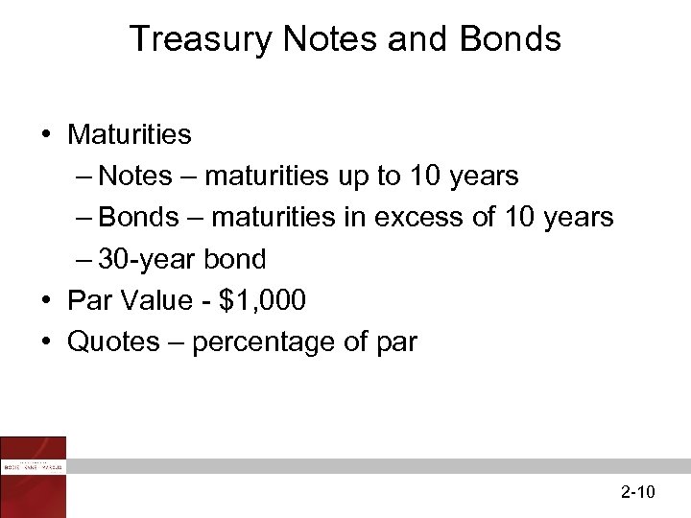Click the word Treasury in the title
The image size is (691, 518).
(x=199, y=39)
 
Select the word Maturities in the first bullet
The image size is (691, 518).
(x=130, y=134)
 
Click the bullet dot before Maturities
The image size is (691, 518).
(x=46, y=134)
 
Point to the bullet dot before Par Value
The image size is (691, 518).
(x=46, y=301)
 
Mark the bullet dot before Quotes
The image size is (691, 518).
(x=46, y=342)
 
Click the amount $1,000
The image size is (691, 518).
(x=262, y=301)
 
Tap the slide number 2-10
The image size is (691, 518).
(x=637, y=493)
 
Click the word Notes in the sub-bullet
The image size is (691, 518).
(x=135, y=177)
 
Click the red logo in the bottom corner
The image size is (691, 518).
(x=34, y=477)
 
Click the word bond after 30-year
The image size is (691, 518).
(x=235, y=260)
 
